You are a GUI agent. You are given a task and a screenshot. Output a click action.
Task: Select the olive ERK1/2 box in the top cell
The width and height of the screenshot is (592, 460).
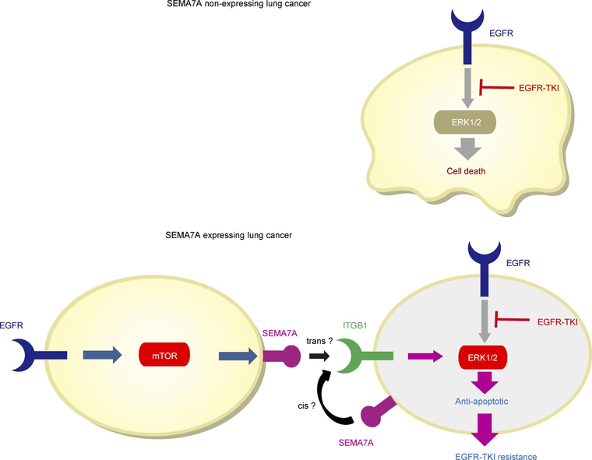[464, 122]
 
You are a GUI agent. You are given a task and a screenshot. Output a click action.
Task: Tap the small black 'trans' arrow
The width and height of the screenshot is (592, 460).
[319, 356]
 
